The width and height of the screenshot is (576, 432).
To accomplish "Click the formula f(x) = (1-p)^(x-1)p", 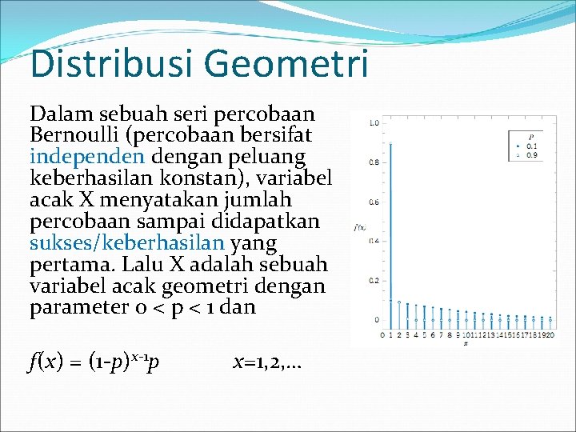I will tap(94, 362).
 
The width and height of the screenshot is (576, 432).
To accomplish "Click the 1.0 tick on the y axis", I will tap(373, 123).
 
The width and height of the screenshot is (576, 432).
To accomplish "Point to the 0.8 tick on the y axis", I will tap(373, 162).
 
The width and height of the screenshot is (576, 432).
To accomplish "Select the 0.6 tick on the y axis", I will tap(373, 202).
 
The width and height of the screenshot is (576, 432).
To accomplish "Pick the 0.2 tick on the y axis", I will tap(373, 281).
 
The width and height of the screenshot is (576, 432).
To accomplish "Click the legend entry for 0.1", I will tap(529, 146).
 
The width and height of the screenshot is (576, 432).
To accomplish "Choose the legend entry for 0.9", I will tap(529, 154).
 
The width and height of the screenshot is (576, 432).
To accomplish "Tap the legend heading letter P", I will tap(530, 138).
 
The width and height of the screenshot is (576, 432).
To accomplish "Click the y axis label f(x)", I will tap(359, 228).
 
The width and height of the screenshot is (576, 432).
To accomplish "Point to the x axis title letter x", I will tap(466, 344).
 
